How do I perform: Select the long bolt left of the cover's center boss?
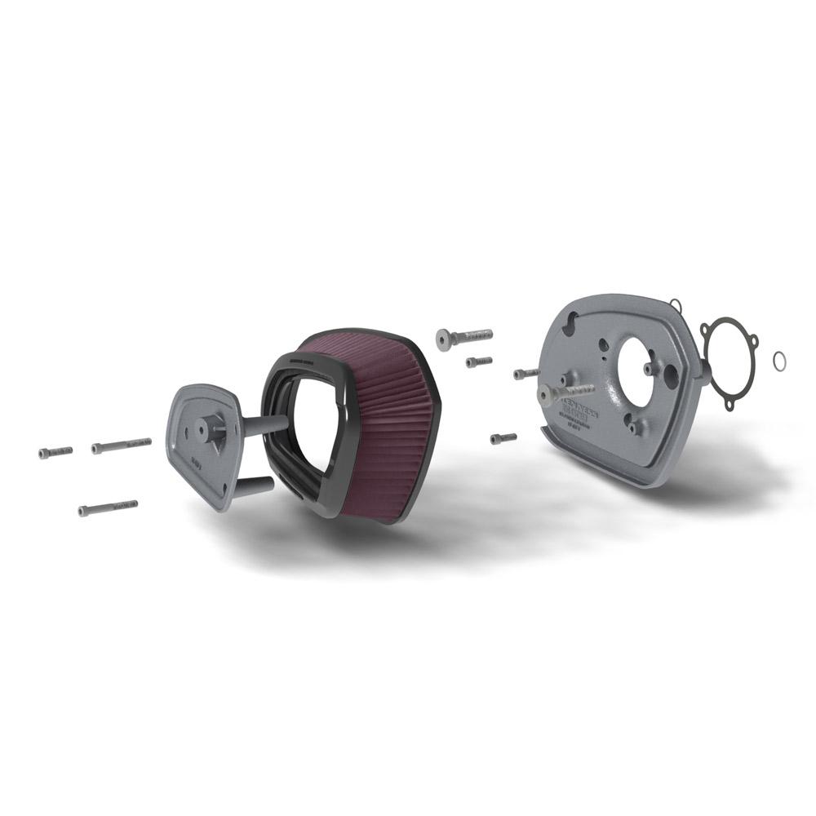[x=122, y=445]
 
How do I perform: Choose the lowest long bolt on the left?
[x=108, y=508]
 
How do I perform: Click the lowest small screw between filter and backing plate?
[x=503, y=438]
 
